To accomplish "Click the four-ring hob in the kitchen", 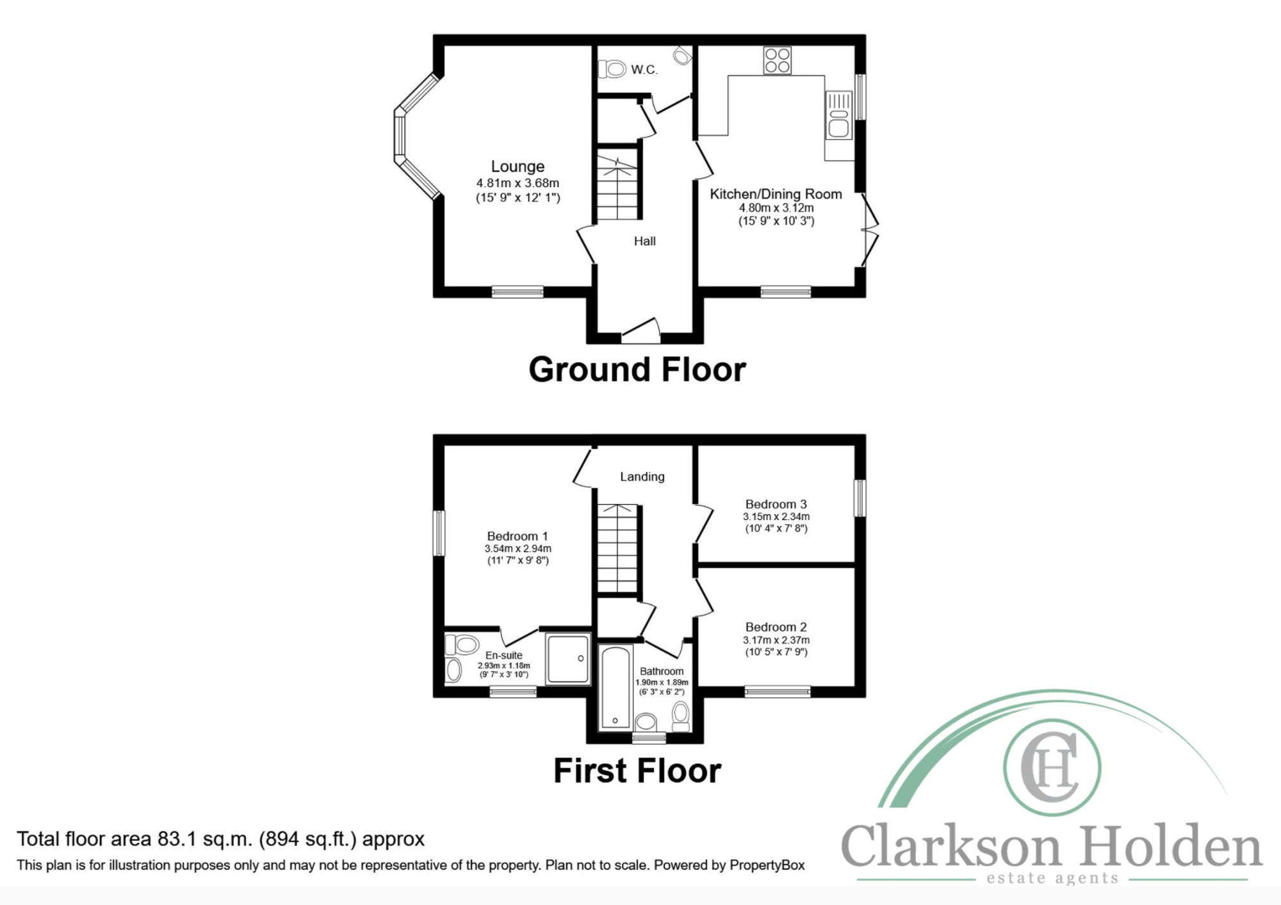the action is pyautogui.click(x=777, y=60).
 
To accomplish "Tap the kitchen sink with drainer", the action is pyautogui.click(x=839, y=115).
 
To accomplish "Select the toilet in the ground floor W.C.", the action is pyautogui.click(x=612, y=69).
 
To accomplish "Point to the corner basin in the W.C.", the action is pyautogui.click(x=683, y=54).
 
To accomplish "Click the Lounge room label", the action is pyautogui.click(x=518, y=167).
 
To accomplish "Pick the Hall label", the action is pyautogui.click(x=645, y=241).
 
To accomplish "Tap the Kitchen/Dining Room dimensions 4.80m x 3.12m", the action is pyautogui.click(x=776, y=208).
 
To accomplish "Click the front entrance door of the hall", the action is pyautogui.click(x=640, y=329).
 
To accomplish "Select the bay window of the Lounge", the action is pyautogui.click(x=416, y=136).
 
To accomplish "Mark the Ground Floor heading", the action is pyautogui.click(x=637, y=370).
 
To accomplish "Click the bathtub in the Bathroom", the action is pyautogui.click(x=615, y=688).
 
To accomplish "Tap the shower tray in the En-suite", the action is pyautogui.click(x=567, y=658).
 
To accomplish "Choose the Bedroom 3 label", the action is pyautogui.click(x=776, y=505).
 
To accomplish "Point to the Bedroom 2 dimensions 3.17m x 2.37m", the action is pyautogui.click(x=776, y=640).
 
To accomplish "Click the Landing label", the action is pyautogui.click(x=642, y=477).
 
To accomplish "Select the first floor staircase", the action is pyautogui.click(x=618, y=548).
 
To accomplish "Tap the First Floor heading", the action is pyautogui.click(x=637, y=770).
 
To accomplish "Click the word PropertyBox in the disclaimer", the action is pyautogui.click(x=767, y=865).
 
